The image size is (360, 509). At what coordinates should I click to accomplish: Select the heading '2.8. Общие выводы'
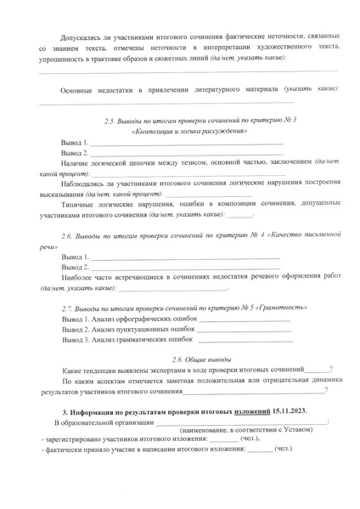pos(179,359)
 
